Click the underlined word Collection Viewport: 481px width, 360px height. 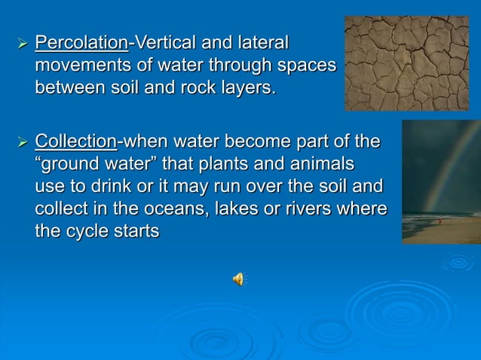(76, 142)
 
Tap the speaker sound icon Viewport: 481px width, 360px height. (238, 279)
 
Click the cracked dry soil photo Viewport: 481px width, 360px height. (406, 63)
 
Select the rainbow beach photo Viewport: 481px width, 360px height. (441, 182)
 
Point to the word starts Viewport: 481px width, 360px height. (136, 230)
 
